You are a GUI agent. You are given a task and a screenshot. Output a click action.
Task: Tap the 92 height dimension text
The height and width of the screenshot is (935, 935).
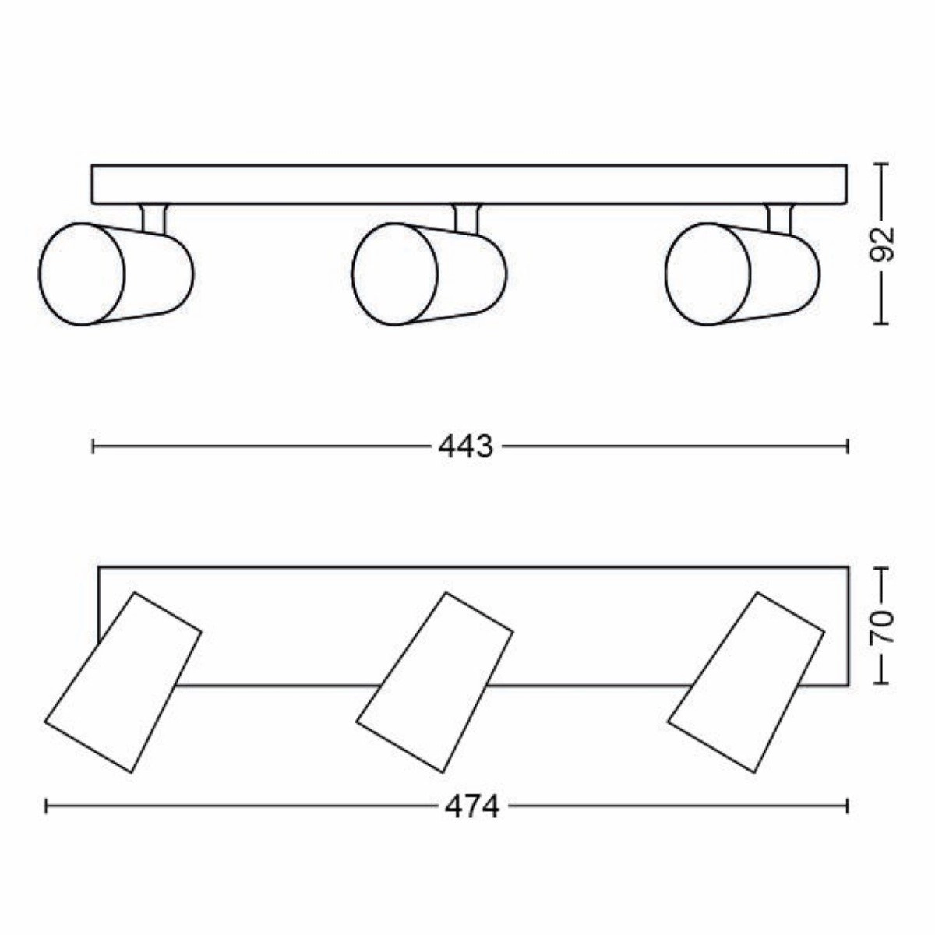tap(881, 244)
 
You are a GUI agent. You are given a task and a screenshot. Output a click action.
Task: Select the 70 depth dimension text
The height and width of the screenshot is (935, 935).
tap(881, 626)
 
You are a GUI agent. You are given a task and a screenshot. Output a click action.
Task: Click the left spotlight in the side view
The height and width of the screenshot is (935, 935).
tap(117, 273)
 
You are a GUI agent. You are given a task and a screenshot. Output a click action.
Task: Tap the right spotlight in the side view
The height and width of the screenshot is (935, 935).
tap(743, 273)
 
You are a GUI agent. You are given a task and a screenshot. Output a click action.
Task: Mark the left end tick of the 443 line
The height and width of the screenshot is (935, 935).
tap(93, 446)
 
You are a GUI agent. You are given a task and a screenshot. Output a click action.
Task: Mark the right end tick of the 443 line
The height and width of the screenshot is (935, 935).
tap(847, 446)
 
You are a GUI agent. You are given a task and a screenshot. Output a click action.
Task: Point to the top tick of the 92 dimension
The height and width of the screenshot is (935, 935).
tap(881, 164)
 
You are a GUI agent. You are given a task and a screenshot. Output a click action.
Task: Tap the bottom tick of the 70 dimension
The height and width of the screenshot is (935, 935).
tap(881, 683)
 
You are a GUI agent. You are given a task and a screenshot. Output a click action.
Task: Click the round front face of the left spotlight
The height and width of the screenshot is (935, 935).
tap(82, 273)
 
